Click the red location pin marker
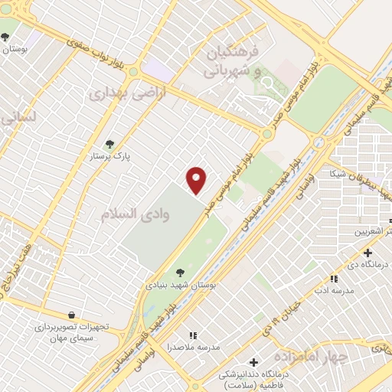pyautogui.click(x=197, y=180)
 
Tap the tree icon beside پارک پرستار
pyautogui.click(x=110, y=143)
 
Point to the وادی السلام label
pyautogui.click(x=135, y=214)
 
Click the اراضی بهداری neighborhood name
pyautogui.click(x=116, y=93)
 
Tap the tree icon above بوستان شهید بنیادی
pyautogui.click(x=180, y=272)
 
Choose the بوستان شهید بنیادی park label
pyautogui.click(x=181, y=284)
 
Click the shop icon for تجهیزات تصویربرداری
pyautogui.click(x=71, y=315)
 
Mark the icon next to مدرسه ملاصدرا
pyautogui.click(x=193, y=335)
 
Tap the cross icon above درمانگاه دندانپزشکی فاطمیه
pyautogui.click(x=253, y=362)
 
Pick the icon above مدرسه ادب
pyautogui.click(x=333, y=279)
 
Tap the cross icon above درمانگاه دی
pyautogui.click(x=367, y=253)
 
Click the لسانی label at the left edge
pyautogui.click(x=17, y=117)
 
